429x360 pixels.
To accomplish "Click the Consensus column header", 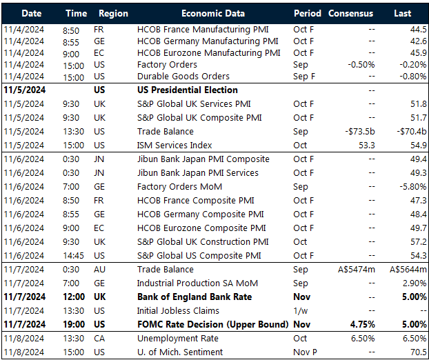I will coord(350,13).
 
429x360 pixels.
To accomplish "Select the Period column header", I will coord(307,13).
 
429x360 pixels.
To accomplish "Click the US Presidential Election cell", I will coord(187,90).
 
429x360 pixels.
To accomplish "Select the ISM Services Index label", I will coord(174,146).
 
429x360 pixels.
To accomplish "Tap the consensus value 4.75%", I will coord(361,325).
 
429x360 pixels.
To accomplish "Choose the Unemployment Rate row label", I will coord(177,339).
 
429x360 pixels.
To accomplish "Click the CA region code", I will coord(99,339).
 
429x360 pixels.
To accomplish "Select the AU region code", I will coord(99,270).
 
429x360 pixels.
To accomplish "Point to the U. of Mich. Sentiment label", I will coord(180,352).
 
